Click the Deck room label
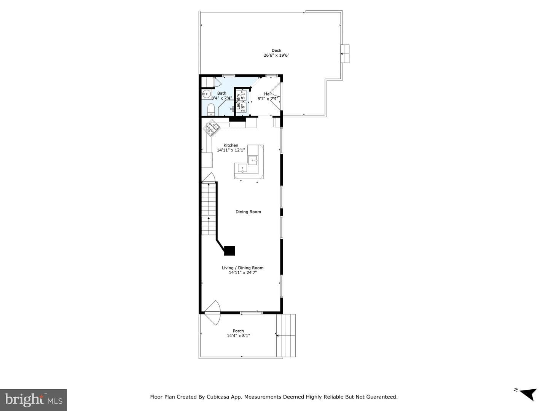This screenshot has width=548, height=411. point(276,50)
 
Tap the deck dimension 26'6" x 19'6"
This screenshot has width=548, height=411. point(276,56)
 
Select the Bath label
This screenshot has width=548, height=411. point(221,93)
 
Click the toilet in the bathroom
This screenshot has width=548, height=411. point(211,110)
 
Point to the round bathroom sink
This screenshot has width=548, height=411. point(207,95)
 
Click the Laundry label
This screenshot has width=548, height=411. point(238,101)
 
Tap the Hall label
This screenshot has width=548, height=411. point(268,94)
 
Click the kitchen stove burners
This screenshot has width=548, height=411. point(211,128)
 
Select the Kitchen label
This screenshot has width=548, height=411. point(231,145)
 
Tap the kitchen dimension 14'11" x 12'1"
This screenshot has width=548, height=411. point(231,150)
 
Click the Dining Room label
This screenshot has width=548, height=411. point(248,212)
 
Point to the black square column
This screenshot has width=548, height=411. point(229,251)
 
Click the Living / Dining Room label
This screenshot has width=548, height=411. point(243,268)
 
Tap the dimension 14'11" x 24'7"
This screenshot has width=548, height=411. point(243,273)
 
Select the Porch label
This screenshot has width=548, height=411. point(238,331)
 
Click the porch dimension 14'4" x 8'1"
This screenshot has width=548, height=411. point(238,336)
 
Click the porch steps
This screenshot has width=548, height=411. point(286,336)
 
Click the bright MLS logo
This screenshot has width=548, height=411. point(33,400)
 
